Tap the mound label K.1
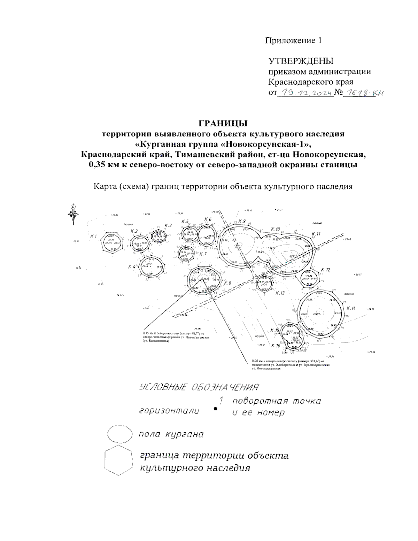tap(93, 237)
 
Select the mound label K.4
tap(131, 267)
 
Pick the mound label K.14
tap(351, 308)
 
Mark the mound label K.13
tap(280, 293)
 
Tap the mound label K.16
tap(276, 346)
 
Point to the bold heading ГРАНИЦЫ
tap(223, 123)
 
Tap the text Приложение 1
tap(293, 40)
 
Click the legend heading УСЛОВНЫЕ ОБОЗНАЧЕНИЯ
tap(200, 387)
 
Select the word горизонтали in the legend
tap(169, 411)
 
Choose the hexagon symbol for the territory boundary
tap(119, 461)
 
